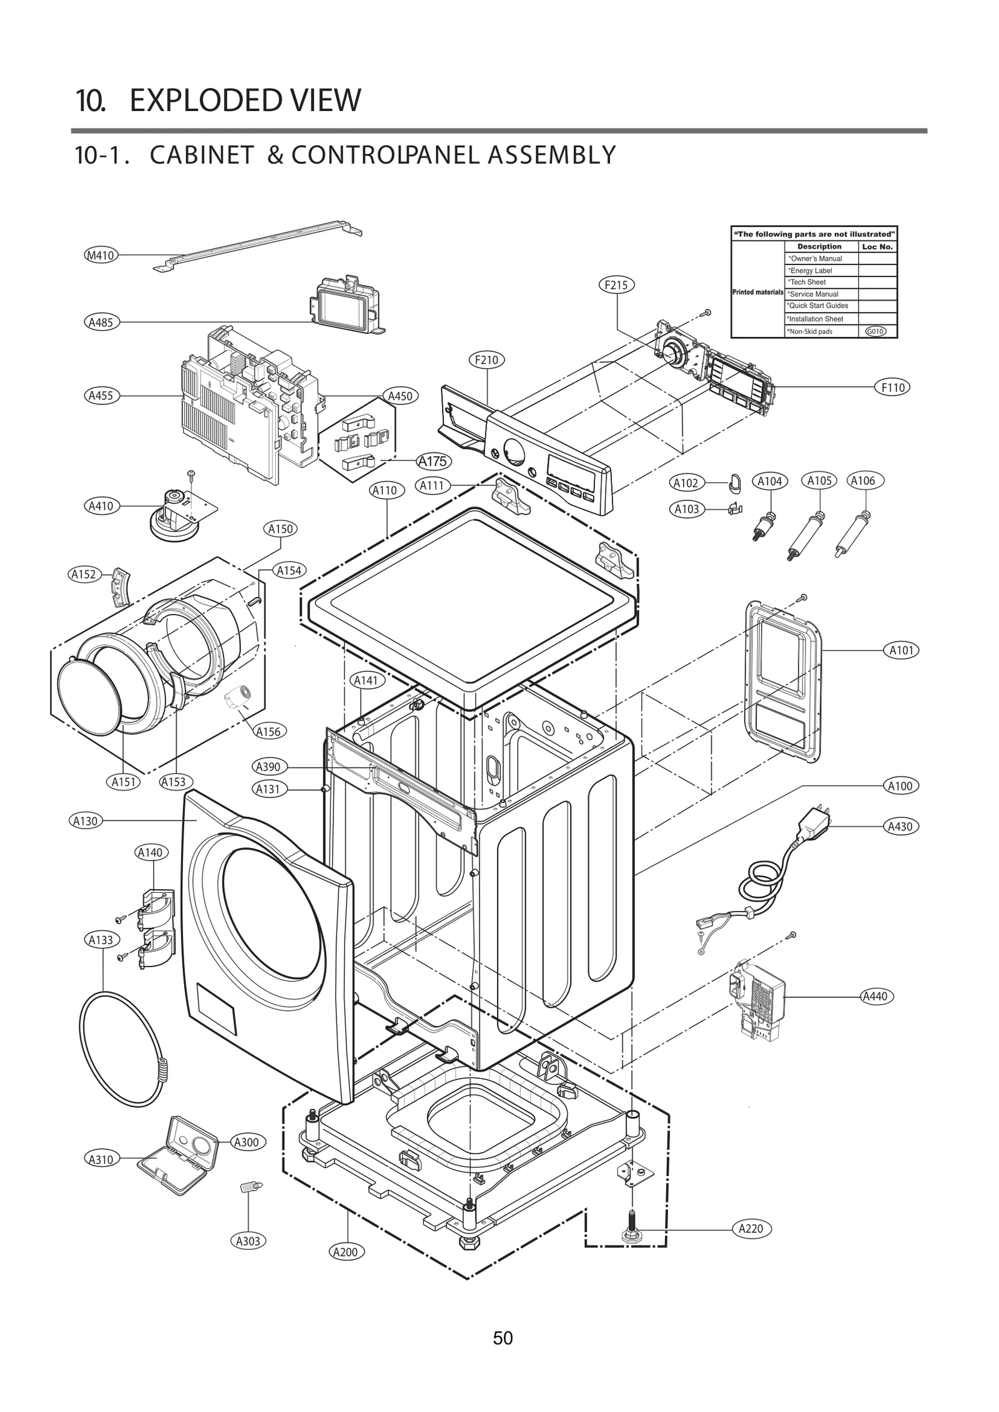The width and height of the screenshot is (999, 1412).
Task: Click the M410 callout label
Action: point(100,255)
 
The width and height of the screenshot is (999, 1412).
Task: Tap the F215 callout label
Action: point(617,285)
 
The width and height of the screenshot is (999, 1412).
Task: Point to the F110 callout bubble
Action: point(893,387)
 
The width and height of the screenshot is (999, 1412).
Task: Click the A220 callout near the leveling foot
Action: point(751,1229)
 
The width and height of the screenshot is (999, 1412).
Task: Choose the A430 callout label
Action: point(900,826)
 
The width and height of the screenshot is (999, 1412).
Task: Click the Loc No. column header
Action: point(877,246)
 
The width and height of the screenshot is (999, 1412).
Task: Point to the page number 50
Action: point(503,1338)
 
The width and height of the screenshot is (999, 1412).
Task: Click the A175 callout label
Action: point(433,461)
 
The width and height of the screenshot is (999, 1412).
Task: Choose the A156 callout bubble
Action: point(268,731)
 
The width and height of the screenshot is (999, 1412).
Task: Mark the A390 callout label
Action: point(268,767)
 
